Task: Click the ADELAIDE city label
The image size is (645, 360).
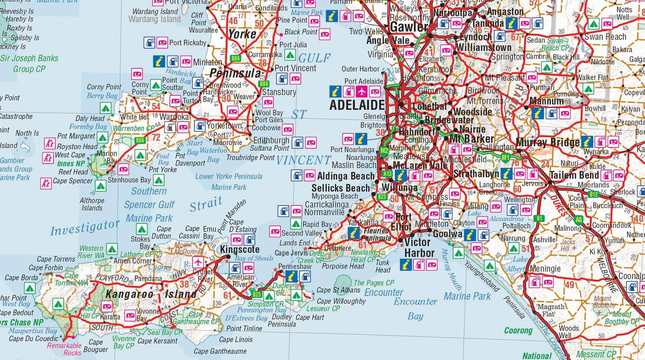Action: point(357,105)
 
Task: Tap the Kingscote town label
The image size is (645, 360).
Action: point(240,250)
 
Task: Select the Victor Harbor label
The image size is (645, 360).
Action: point(419,248)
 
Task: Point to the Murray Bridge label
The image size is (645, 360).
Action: point(548,142)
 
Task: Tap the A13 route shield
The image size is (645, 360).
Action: point(387,174)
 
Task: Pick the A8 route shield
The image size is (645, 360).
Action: point(579,219)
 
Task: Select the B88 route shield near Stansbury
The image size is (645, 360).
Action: point(264,84)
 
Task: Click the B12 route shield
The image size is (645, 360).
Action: point(593,194)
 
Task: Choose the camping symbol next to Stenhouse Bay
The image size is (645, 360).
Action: point(158,180)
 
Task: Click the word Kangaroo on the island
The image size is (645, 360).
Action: point(129,293)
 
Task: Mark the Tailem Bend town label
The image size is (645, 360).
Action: point(574,175)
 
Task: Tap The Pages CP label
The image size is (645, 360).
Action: point(374,283)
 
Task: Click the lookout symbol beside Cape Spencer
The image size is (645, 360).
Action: point(46,183)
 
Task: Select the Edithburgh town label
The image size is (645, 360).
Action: point(271,140)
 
